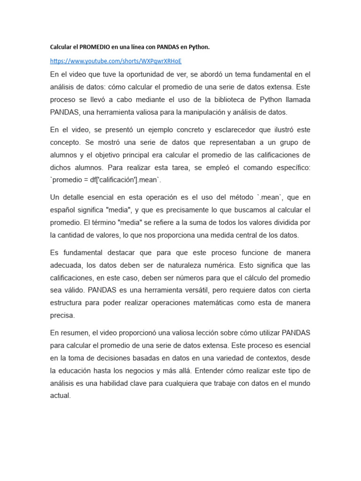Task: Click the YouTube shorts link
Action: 116,61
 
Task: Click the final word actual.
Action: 60,396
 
